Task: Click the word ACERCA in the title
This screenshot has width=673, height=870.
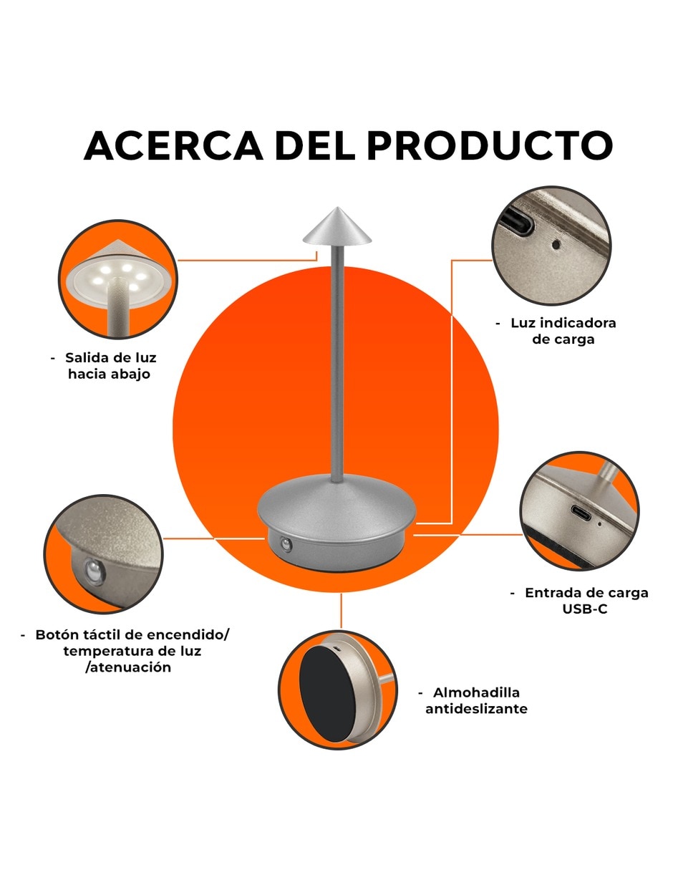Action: click(173, 145)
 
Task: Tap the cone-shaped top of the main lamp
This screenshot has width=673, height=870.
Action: click(337, 226)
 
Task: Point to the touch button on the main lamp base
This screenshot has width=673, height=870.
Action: click(286, 544)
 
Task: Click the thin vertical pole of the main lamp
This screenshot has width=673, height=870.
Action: click(337, 362)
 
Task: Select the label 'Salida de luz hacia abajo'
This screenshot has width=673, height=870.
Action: click(105, 365)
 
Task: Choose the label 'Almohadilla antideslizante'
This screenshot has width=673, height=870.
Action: click(473, 700)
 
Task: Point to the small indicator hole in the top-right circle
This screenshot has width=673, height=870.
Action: click(556, 244)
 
